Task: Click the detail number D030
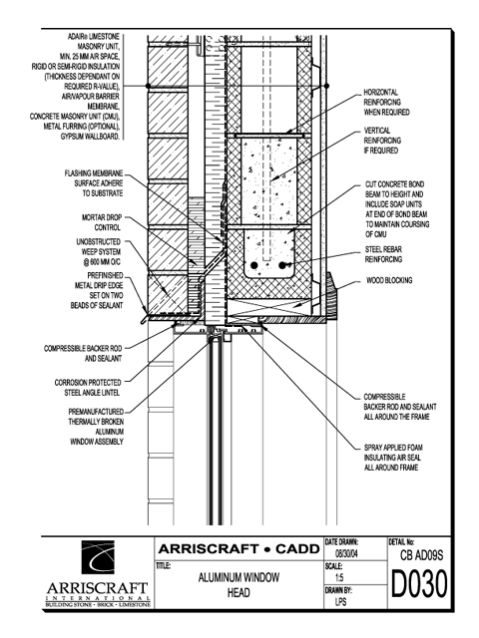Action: click(419, 584)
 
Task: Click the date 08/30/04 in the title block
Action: click(346, 553)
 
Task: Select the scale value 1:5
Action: click(339, 578)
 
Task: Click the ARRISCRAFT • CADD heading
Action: click(239, 549)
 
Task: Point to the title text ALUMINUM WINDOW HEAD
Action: click(239, 585)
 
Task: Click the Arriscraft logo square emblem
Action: click(98, 557)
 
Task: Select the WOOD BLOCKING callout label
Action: click(389, 280)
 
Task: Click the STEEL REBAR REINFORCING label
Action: click(383, 254)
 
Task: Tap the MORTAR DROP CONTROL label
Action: click(102, 222)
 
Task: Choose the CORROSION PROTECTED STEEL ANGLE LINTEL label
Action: click(88, 388)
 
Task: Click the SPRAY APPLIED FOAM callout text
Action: click(392, 458)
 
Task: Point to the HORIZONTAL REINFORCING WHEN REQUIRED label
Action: click(386, 102)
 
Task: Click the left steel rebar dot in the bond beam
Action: click(254, 266)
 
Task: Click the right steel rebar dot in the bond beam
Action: click(282, 266)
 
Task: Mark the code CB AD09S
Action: click(421, 555)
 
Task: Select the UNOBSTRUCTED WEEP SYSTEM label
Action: click(99, 252)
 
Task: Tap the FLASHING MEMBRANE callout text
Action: click(93, 183)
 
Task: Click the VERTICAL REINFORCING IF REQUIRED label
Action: click(382, 141)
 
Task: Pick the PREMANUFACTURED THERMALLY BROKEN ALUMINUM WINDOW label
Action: click(96, 427)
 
